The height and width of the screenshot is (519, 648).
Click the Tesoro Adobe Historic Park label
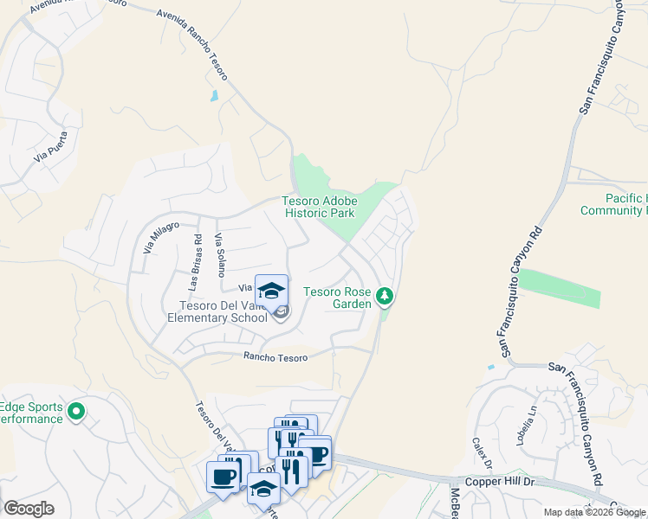(320, 207)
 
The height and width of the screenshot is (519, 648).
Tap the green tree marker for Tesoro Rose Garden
(386, 298)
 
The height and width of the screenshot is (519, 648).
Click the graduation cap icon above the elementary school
(271, 291)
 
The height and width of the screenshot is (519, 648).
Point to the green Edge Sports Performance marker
(77, 412)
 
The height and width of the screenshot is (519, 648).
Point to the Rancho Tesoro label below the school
(275, 356)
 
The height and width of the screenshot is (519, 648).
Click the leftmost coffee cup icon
(223, 476)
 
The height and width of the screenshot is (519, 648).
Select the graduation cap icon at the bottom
(263, 490)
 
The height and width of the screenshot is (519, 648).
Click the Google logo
(29, 509)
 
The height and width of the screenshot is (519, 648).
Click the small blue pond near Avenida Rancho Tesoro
(214, 96)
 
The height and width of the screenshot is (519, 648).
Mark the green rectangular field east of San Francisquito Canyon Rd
(560, 288)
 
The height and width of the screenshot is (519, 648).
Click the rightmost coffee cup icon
(318, 453)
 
